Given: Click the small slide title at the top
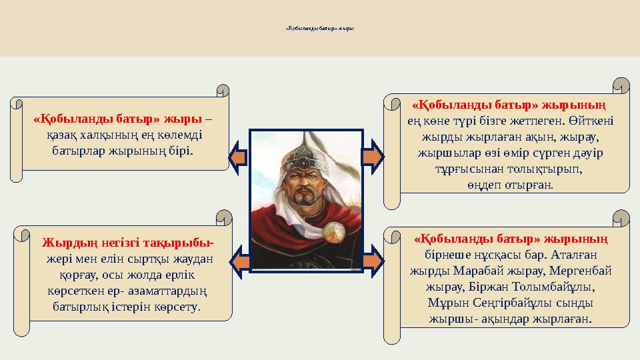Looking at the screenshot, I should point(320,29).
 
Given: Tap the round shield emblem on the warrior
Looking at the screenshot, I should point(333,233).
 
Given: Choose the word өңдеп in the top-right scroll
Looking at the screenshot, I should point(484,185).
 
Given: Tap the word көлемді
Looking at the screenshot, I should point(181,135).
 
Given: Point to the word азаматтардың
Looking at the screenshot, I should point(155,291).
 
